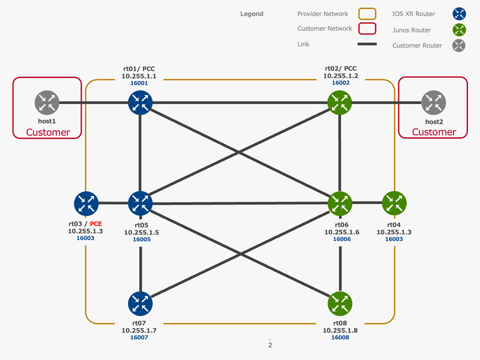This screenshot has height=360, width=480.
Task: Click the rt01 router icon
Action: tap(140, 103)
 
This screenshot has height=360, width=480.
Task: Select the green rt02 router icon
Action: tap(340, 103)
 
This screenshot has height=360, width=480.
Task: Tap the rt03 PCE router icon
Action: tap(86, 204)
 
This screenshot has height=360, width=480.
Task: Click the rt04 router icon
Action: tap(394, 204)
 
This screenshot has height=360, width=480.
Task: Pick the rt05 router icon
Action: tap(140, 204)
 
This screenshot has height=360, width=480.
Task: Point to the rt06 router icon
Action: tap(340, 204)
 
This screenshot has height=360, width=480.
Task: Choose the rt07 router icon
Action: tap(140, 304)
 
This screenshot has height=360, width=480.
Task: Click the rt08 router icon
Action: tap(340, 304)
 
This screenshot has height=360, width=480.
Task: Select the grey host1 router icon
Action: tap(47, 103)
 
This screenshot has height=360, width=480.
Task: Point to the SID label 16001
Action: tap(139, 83)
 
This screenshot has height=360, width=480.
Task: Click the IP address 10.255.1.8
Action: tap(340, 330)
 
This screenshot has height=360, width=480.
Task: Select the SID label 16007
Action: tap(139, 337)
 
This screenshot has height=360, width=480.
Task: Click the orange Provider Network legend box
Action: tap(367, 14)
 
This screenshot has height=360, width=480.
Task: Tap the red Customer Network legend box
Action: tap(367, 29)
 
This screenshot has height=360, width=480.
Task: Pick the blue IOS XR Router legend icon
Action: tap(460, 14)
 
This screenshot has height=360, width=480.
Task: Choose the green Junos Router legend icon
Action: tap(460, 29)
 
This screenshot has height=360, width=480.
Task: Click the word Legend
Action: tap(251, 14)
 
